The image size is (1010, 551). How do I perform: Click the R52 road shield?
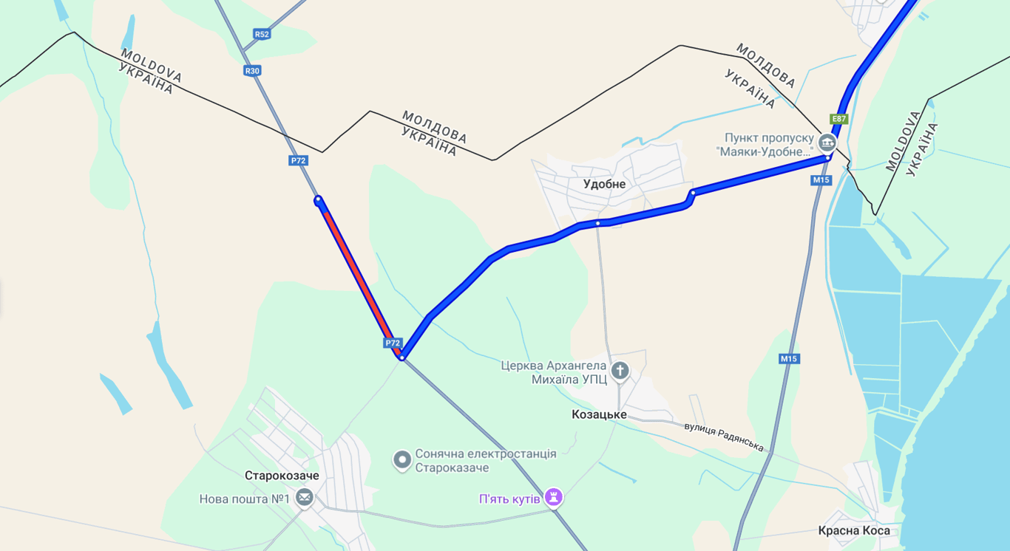tap(261, 34)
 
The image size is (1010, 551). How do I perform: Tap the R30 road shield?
tap(252, 71)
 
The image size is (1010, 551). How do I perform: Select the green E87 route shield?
tap(838, 119)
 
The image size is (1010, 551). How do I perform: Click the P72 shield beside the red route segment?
tap(393, 343)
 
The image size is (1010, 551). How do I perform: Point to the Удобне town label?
tap(604, 185)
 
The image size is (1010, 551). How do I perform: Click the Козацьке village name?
tap(599, 414)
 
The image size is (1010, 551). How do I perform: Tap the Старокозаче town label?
tap(282, 476)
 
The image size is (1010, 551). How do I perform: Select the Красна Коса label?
tap(854, 531)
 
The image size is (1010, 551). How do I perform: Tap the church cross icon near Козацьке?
tap(620, 371)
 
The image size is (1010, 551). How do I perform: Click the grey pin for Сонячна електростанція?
tap(401, 460)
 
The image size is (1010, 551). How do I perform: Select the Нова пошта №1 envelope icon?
tap(304, 499)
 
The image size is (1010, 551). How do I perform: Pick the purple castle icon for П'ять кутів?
tap(553, 498)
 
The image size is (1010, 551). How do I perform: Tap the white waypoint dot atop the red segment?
tap(318, 199)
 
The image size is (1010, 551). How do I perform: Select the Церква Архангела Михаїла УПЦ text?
tap(554, 372)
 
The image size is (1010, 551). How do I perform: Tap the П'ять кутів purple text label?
tap(510, 499)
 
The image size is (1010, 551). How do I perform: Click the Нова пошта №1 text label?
tap(244, 499)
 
